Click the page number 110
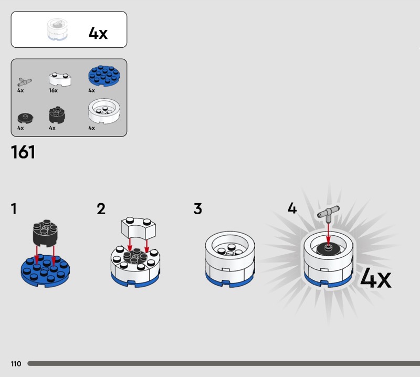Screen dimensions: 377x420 (16, 363)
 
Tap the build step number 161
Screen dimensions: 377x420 (23, 152)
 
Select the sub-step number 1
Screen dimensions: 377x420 (14, 209)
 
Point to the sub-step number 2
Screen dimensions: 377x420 (101, 209)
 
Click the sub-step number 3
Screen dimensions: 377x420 (197, 209)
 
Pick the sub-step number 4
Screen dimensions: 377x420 (292, 209)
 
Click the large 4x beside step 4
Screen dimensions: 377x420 (375, 278)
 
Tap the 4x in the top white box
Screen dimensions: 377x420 (98, 33)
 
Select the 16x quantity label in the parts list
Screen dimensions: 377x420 (53, 90)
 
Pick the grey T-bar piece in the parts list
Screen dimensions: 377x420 (24, 81)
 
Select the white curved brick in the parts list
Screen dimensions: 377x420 (60, 79)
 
